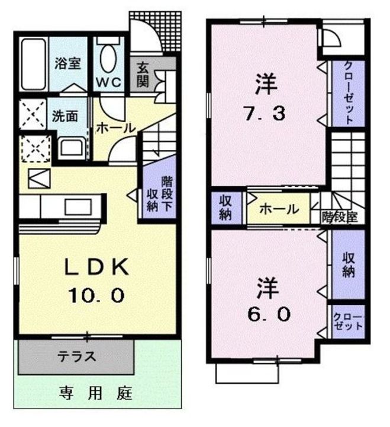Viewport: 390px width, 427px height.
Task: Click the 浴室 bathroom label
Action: pos(67,63)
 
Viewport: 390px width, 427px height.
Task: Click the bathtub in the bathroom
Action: pos(33,64)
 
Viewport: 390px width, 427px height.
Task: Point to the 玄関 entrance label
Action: pos(143,75)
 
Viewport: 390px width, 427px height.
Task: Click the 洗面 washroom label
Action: pos(65,116)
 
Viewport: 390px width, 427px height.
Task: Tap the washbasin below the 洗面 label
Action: pos(72,149)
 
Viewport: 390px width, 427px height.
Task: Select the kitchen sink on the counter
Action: pos(78,207)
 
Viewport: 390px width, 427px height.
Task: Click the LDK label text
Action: pos(96,267)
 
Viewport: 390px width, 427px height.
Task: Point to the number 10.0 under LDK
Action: pos(96,295)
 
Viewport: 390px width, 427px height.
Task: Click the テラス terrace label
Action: pos(77,356)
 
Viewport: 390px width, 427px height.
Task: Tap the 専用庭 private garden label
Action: pos(96,393)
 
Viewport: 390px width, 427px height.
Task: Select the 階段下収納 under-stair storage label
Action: pos(160,194)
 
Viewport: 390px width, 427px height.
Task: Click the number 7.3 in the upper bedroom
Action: pos(264,113)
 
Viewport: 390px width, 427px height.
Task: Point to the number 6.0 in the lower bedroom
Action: pos(269,314)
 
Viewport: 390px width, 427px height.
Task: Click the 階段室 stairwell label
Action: pos(340,217)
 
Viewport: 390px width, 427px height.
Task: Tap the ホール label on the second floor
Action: pos(279,209)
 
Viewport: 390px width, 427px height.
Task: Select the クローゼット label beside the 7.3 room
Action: pos(348,93)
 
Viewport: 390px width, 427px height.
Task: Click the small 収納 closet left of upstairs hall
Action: pos(225,208)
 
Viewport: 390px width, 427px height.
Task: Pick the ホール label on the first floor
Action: pos(116,128)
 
